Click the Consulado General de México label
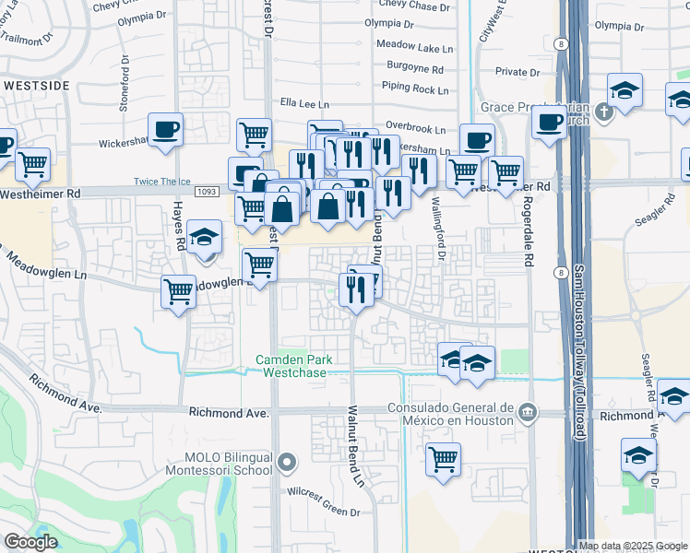(x=450, y=414)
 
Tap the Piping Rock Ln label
(x=415, y=90)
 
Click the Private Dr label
(x=516, y=71)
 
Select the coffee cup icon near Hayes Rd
(x=165, y=129)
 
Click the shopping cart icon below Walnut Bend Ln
(x=444, y=459)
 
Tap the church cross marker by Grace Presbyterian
(x=603, y=112)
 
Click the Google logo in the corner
(x=30, y=542)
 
